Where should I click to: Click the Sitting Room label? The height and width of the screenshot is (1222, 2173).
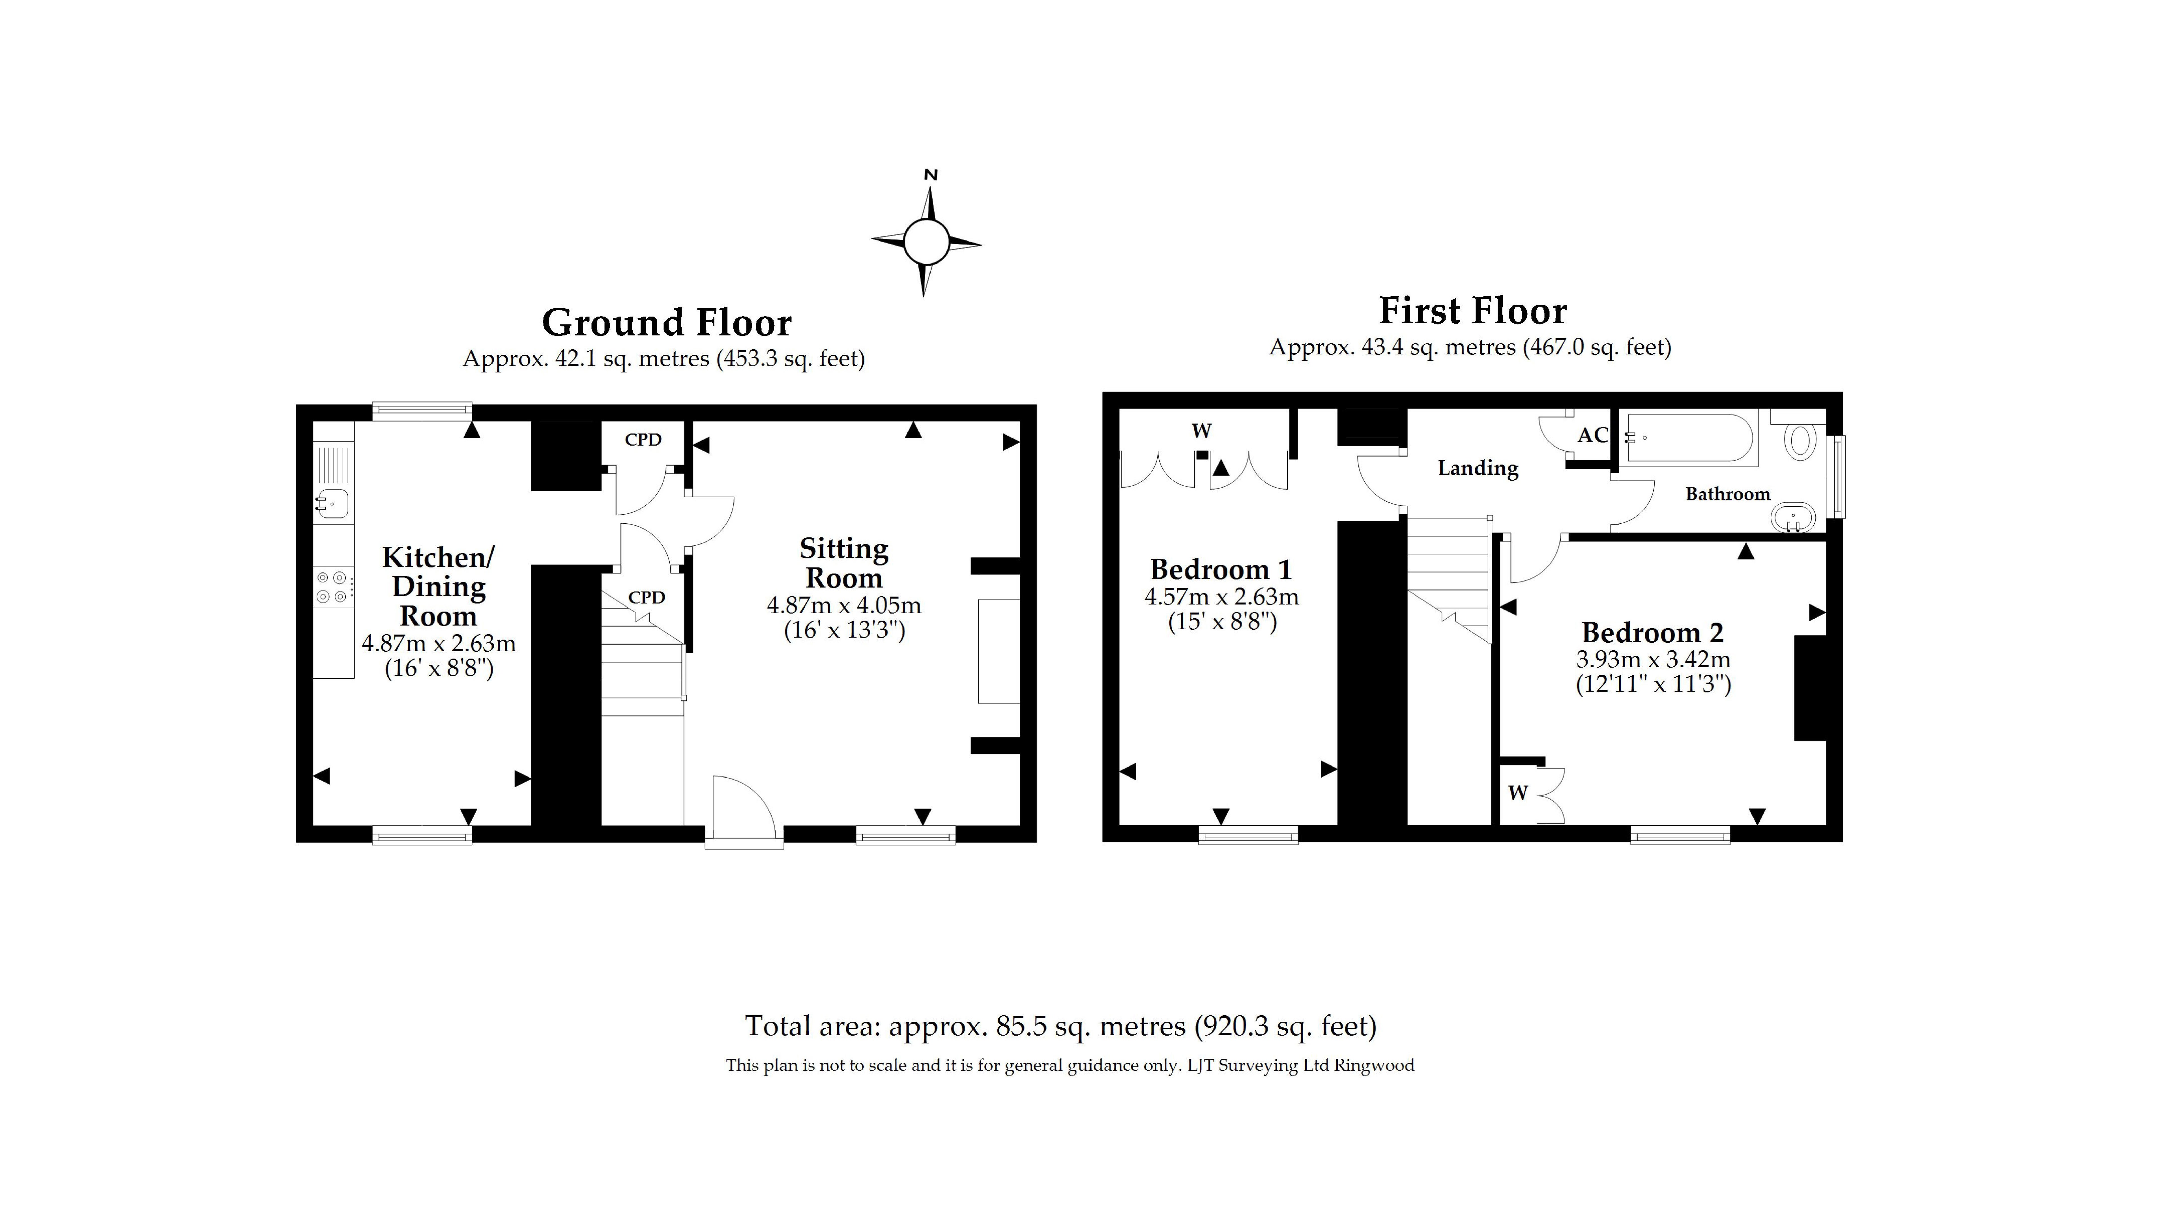[843, 563]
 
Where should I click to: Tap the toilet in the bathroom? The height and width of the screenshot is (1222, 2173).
[1800, 441]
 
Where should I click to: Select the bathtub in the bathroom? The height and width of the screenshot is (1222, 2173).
[1690, 438]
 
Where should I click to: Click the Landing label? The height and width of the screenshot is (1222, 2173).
[1478, 468]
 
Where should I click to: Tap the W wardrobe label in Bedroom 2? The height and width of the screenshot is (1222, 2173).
[1517, 793]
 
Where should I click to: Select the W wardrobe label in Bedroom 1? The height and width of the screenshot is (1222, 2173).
[1201, 431]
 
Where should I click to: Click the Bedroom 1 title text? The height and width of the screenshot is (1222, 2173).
[1221, 570]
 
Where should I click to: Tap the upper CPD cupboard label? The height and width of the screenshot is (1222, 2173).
[643, 439]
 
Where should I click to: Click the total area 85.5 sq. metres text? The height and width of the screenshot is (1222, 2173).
[1060, 1026]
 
